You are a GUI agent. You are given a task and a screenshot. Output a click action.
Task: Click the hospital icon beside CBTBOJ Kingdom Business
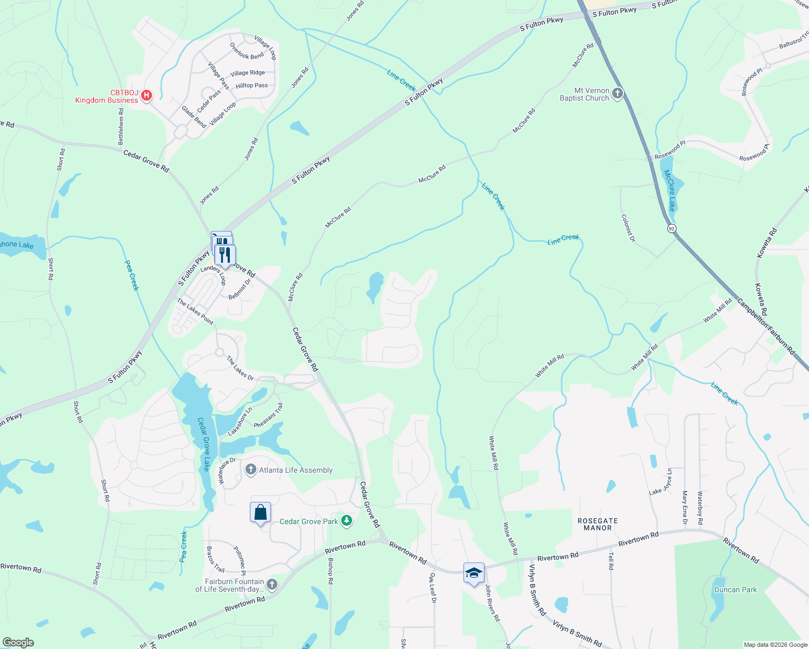click(x=146, y=96)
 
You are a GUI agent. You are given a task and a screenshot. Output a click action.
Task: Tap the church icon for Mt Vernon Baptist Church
click(x=617, y=94)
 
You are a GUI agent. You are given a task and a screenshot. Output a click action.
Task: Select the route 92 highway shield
click(x=671, y=228)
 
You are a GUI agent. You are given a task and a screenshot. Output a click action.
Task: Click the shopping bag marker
click(x=260, y=512)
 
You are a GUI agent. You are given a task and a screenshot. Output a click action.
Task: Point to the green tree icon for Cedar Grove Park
click(x=347, y=521)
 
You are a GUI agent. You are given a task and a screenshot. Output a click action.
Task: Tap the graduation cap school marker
click(x=473, y=573)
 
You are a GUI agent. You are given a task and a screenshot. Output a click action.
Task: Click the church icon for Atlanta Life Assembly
click(x=250, y=470)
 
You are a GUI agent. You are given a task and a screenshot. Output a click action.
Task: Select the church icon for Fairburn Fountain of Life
click(x=271, y=585)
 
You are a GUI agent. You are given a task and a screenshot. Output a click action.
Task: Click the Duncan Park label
click(x=735, y=590)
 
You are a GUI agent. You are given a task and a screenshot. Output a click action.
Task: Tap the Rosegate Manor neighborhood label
click(x=598, y=524)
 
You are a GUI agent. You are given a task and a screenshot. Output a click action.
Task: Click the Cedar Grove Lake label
click(x=204, y=444)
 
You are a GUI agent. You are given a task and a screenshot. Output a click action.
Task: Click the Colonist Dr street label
click(x=628, y=228)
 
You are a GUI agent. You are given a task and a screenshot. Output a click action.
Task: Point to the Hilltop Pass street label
click(x=251, y=85)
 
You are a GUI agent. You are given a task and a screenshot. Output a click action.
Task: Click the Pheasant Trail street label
click(x=268, y=415)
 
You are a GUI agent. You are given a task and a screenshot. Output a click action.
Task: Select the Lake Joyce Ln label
click(x=660, y=482)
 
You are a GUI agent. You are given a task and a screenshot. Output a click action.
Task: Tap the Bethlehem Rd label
click(x=121, y=126)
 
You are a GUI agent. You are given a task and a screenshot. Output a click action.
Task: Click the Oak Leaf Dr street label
click(x=433, y=588)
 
